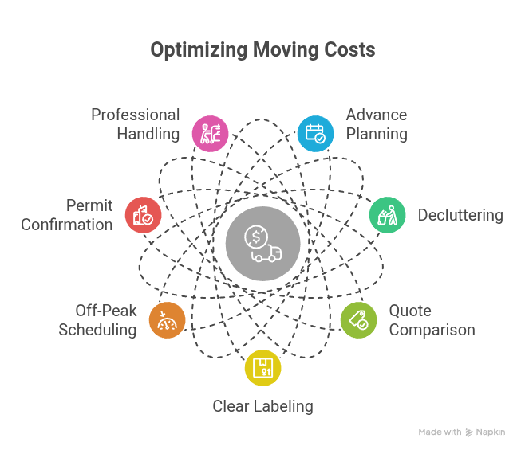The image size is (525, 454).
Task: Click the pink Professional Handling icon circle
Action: click(211, 134)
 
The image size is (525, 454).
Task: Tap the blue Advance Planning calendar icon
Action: click(315, 134)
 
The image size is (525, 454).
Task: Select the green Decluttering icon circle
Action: click(388, 215)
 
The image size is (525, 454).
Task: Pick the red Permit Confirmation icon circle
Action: click(144, 215)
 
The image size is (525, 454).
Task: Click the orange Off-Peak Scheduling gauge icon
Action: click(167, 320)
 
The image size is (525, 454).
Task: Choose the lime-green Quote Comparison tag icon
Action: click(358, 320)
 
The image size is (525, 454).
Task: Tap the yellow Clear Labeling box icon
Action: click(262, 368)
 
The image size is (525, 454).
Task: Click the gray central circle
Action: click(262, 244)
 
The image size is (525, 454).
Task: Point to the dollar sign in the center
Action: click(256, 237)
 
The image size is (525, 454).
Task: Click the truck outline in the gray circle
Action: click(266, 253)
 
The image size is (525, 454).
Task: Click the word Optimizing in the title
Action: click(199, 50)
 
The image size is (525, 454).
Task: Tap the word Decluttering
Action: click(460, 215)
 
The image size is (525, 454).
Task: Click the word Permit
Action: click(89, 205)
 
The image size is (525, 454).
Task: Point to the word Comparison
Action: click(432, 330)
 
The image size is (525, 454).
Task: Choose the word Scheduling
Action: click(97, 330)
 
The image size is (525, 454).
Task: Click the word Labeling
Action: click(283, 406)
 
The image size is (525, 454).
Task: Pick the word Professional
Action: click(136, 115)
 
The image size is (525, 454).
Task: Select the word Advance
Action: click(377, 115)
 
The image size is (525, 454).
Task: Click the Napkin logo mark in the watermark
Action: click(469, 432)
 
